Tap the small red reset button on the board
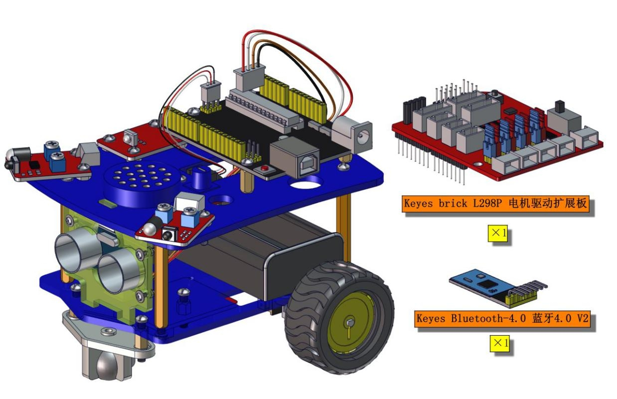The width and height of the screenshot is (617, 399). [x=265, y=168]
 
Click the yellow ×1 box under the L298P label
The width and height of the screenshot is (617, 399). [x=498, y=233]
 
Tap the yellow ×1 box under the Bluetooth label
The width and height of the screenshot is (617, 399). [x=499, y=343]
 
